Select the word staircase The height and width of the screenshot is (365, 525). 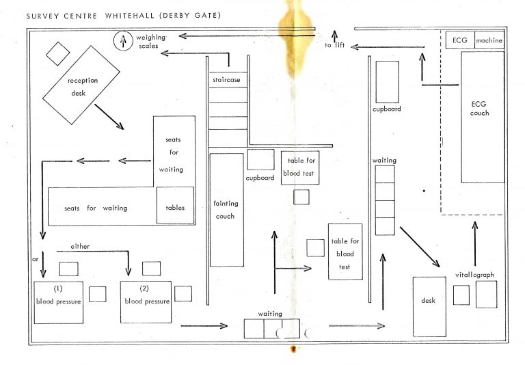[x=226, y=80]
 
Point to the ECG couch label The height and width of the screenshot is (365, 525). [x=479, y=109]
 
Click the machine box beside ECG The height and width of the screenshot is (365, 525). [x=489, y=40]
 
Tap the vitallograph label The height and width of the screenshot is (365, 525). [x=474, y=275]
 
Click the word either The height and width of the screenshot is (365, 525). [x=80, y=247]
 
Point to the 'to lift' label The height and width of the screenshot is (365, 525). [x=334, y=45]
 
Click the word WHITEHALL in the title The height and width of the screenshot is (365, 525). [x=130, y=16]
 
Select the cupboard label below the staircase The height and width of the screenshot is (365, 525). [x=260, y=178]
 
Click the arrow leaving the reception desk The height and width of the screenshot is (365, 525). [x=109, y=117]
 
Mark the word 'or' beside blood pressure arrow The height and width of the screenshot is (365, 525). [x=35, y=260]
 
